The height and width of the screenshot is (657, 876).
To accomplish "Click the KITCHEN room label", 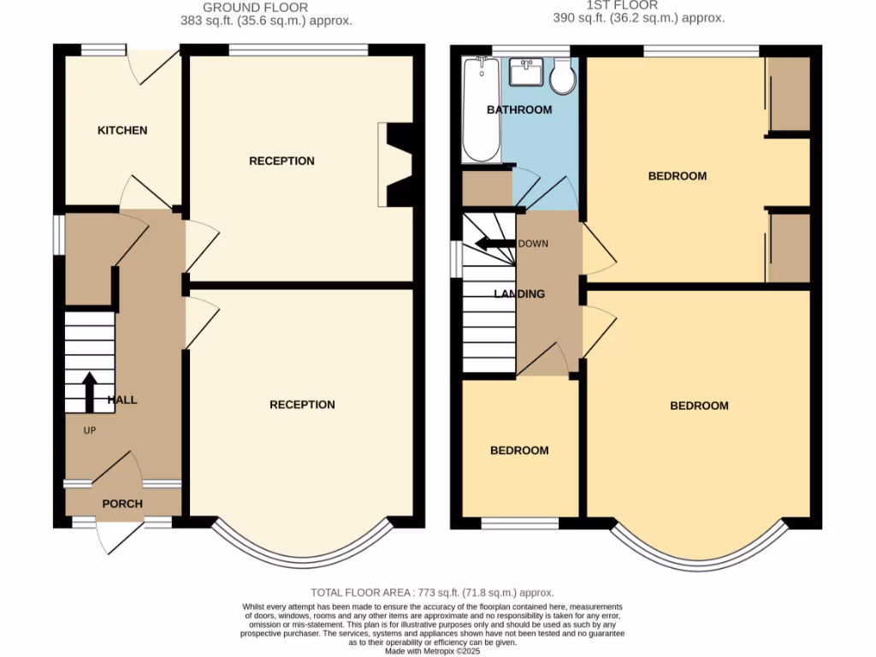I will tap(122, 131).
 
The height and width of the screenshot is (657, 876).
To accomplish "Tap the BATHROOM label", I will tap(519, 110).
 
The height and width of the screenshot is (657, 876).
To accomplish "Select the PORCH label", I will tap(122, 504).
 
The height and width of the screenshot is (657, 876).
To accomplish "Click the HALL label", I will tap(122, 400).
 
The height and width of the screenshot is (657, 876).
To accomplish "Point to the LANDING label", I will tap(519, 294).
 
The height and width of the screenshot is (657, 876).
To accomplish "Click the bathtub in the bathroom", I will tap(480, 109).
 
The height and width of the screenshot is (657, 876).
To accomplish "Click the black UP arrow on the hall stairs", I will tap(89, 392).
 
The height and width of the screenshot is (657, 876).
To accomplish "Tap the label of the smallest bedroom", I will tap(519, 451).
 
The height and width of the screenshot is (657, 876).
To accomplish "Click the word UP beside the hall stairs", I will tap(89, 430).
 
